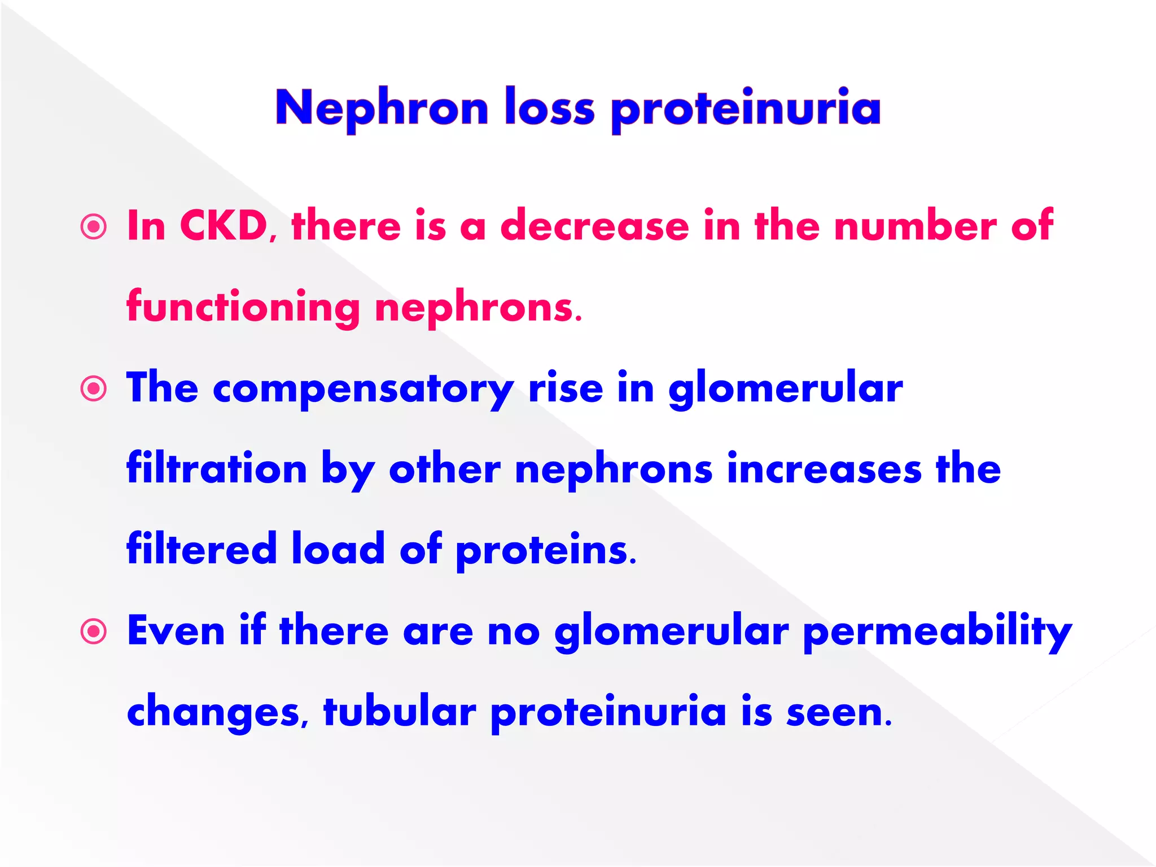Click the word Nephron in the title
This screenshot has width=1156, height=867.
tap(382, 108)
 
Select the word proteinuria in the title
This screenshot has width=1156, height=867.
tap(746, 108)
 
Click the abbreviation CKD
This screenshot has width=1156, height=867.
tap(225, 226)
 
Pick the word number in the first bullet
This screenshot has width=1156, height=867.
tap(915, 226)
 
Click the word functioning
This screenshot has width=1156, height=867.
tap(243, 308)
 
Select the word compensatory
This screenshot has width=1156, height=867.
tap(363, 389)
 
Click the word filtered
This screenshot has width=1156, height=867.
tap(202, 549)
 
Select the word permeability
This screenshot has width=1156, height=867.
tap(937, 632)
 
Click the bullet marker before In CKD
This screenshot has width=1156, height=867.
tap(94, 227)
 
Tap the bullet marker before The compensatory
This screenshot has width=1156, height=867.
tap(94, 389)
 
